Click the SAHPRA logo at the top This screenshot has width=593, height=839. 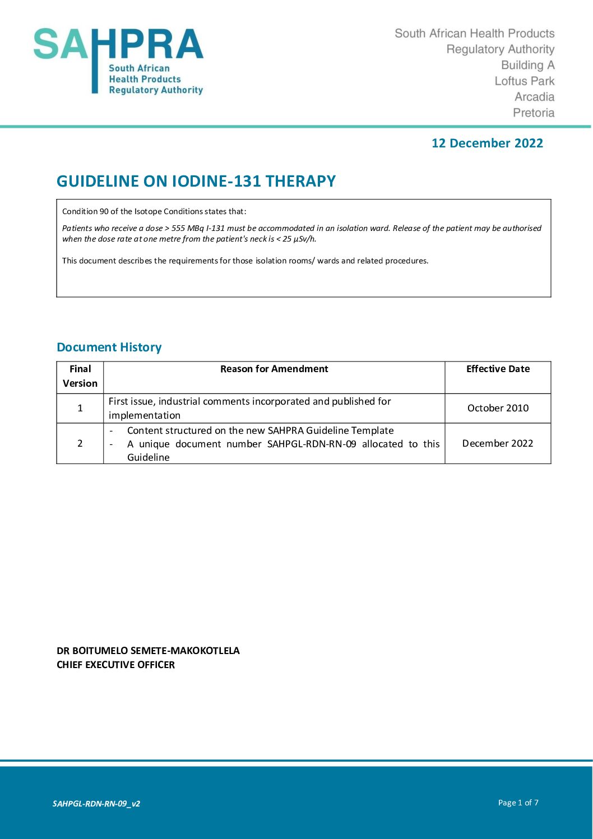[118, 61]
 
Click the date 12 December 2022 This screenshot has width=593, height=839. [487, 143]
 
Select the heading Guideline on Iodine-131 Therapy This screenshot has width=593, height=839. [196, 182]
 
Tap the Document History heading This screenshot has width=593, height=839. [109, 347]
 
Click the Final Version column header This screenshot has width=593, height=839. [80, 376]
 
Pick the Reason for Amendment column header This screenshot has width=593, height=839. [274, 369]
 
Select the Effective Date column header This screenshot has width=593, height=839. [498, 369]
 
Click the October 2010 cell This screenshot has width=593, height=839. [498, 408]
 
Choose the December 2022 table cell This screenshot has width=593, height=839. [498, 443]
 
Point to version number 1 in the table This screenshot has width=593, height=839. [80, 408]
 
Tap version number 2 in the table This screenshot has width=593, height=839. [80, 443]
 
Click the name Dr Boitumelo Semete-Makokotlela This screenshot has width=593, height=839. [148, 651]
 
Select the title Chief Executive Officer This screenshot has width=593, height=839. [115, 665]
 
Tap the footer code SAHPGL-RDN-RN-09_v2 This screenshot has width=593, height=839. [96, 804]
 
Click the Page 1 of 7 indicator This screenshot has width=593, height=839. [518, 803]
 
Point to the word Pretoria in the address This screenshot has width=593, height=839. [533, 113]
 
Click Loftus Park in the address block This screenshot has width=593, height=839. [524, 81]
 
